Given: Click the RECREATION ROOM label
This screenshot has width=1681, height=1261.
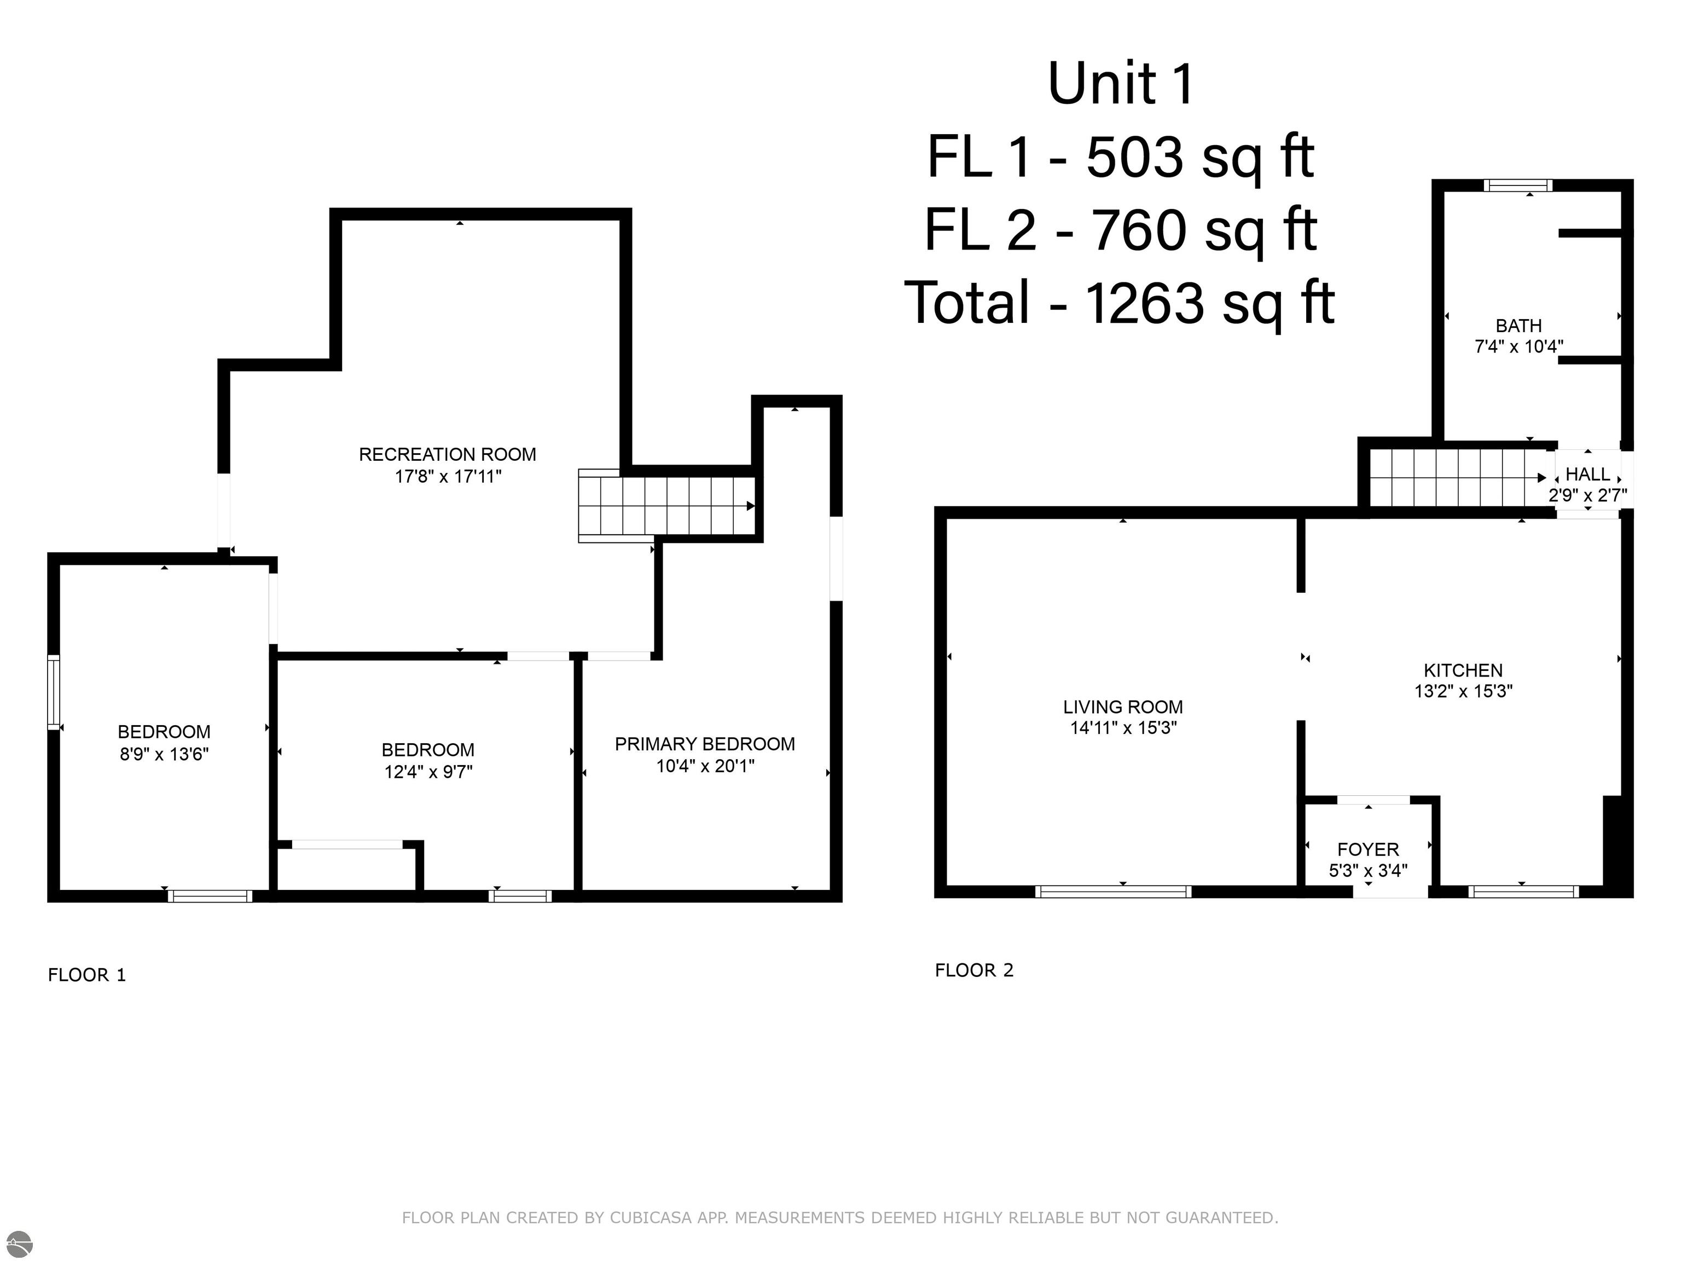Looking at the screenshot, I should tap(447, 454).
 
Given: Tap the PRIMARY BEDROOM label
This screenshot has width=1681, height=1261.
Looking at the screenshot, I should tap(704, 744).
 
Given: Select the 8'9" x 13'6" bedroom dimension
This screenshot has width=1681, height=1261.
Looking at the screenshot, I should tap(164, 754).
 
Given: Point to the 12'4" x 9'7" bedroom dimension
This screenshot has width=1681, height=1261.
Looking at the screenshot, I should tap(428, 772).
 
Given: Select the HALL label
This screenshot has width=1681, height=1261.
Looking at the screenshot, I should tap(1587, 475).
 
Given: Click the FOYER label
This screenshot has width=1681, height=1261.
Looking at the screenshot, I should tap(1368, 849).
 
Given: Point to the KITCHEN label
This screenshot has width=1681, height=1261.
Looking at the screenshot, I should tap(1463, 670).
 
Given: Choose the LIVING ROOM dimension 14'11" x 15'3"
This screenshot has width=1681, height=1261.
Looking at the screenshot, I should tap(1123, 727).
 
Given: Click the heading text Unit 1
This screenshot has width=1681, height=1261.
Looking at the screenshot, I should tap(1121, 84).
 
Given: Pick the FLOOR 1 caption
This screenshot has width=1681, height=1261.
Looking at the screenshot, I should tap(86, 975).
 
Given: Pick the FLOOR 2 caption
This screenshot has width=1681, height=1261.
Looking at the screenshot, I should tap(973, 970).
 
